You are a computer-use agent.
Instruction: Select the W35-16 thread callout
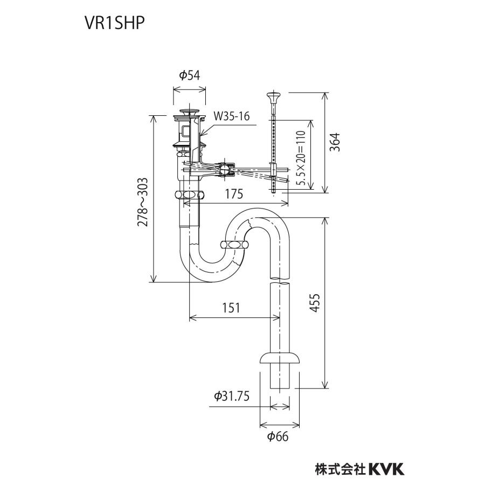point(232,116)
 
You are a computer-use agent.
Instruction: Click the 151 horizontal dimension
point(230,308)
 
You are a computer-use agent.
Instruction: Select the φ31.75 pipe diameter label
point(231,396)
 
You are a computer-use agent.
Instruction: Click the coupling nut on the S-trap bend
point(235,245)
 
